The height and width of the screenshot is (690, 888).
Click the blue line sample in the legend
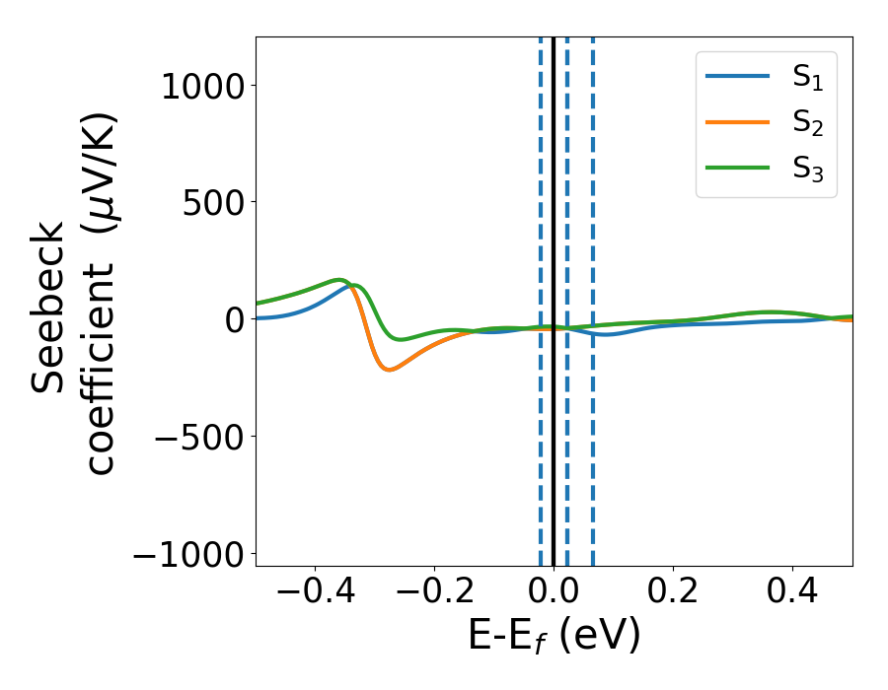pos(737,77)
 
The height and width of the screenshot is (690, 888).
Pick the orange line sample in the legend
pos(737,122)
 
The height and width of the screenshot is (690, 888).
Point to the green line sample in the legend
pos(737,168)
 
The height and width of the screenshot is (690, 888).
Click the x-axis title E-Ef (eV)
pos(554,636)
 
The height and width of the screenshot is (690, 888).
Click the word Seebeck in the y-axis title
pos(49,307)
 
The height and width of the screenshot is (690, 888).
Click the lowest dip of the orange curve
pos(390,370)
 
